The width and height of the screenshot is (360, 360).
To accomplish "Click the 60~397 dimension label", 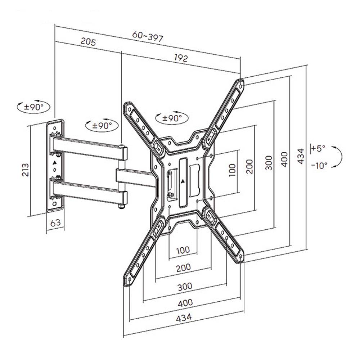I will pyautogui.click(x=148, y=36).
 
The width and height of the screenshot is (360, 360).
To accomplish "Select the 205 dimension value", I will pyautogui.click(x=88, y=42).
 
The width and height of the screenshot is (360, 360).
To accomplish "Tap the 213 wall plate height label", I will pyautogui.click(x=25, y=170).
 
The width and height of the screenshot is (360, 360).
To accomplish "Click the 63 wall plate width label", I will pyautogui.click(x=55, y=223).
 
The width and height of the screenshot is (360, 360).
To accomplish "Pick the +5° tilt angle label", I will pyautogui.click(x=319, y=148).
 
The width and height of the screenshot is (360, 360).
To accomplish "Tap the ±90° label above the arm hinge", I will pyautogui.click(x=99, y=126).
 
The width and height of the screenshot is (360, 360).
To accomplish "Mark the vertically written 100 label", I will pyautogui.click(x=232, y=170).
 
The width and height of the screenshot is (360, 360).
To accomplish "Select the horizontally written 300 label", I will pyautogui.click(x=185, y=286).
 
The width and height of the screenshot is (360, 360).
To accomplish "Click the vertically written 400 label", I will pyautogui.click(x=284, y=159).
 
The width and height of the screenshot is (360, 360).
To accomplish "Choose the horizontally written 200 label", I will pyautogui.click(x=184, y=267).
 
